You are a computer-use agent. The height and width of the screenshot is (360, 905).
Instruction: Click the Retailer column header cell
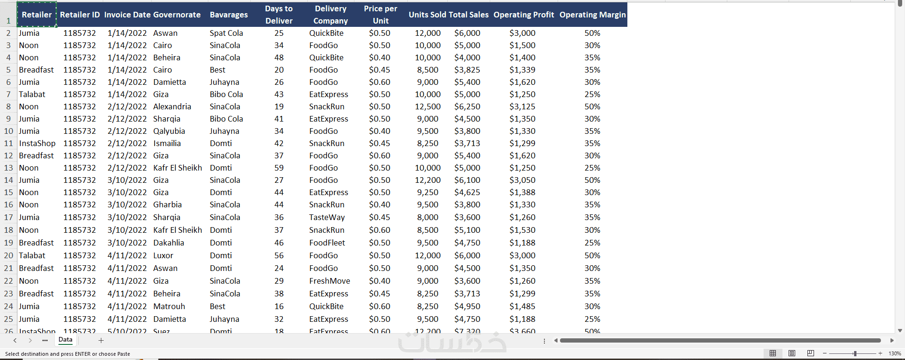click(37, 15)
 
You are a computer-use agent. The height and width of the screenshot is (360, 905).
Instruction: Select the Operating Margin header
click(592, 15)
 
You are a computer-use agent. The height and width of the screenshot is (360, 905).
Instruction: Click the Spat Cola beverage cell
click(226, 33)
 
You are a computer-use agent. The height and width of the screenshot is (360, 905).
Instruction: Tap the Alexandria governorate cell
click(172, 106)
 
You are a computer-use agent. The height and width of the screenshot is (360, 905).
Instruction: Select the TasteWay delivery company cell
click(327, 217)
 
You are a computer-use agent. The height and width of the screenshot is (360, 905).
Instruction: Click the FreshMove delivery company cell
click(329, 281)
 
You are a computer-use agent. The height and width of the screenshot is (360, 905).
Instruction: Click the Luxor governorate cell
click(163, 255)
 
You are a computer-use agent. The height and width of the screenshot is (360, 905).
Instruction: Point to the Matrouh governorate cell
click(169, 306)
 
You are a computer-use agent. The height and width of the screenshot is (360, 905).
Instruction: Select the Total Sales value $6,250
click(467, 106)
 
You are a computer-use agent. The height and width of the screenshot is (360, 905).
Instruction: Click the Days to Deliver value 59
click(279, 168)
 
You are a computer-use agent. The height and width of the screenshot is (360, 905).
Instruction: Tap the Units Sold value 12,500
click(428, 106)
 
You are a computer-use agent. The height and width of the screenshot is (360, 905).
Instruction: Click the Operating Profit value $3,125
click(522, 106)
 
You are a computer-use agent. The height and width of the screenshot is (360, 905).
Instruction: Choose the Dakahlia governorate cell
click(168, 243)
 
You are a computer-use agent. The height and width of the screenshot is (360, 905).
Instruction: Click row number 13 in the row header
click(8, 168)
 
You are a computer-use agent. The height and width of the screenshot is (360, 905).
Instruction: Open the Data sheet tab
click(66, 340)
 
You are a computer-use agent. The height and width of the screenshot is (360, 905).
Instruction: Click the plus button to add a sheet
click(101, 340)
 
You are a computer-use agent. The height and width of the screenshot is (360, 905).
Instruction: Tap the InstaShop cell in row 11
click(37, 143)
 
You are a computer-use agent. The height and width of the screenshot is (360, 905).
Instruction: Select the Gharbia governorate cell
click(167, 205)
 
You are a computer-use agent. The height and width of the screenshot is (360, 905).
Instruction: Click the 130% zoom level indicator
click(895, 353)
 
